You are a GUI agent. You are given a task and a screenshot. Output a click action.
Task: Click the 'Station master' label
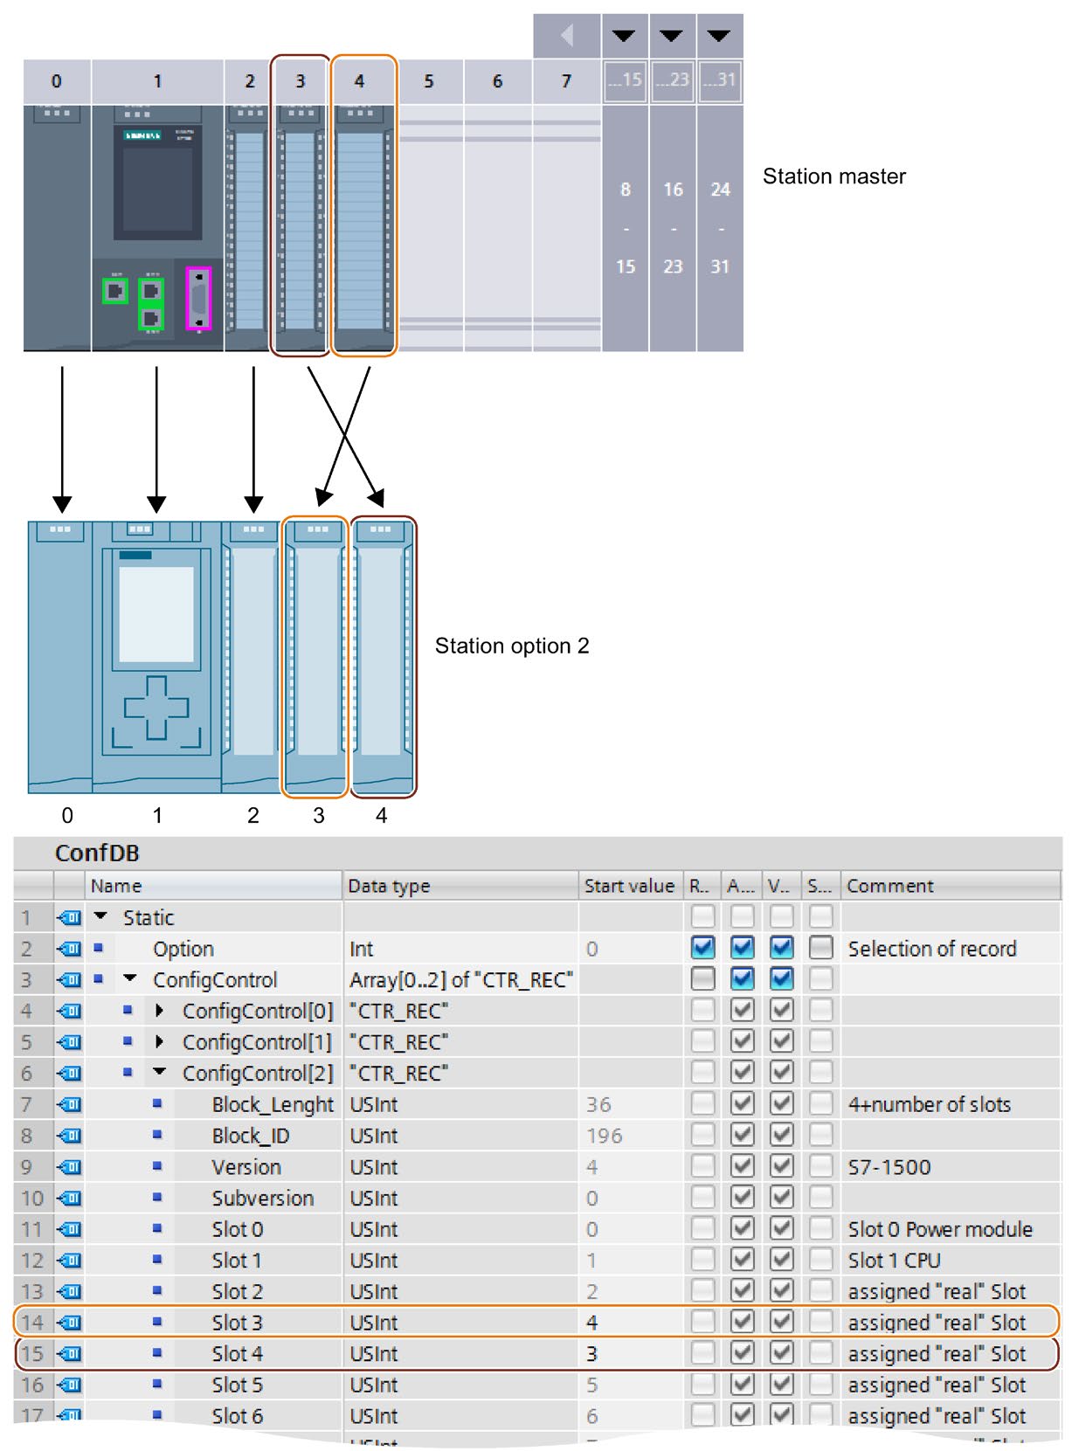point(833,176)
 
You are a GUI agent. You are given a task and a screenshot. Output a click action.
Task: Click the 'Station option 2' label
point(512,646)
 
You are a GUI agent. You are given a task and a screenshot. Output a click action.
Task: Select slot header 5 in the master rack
point(428,81)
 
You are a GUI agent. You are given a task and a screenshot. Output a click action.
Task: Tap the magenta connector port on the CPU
point(199,298)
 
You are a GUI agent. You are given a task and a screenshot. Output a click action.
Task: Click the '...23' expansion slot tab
point(672,80)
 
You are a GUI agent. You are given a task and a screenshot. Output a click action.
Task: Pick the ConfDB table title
point(97,853)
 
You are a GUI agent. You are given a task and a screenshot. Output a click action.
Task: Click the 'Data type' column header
point(389,886)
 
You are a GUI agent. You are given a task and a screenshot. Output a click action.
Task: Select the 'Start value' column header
point(628,886)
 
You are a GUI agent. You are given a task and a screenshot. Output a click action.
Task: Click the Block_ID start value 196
point(604,1136)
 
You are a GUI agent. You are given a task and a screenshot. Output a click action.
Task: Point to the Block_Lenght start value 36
point(598,1104)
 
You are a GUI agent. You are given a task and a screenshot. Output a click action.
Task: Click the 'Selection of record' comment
point(931,949)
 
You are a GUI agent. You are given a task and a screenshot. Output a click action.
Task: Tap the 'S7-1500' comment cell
point(889,1167)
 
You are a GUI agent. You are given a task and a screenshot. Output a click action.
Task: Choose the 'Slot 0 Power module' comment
point(939,1229)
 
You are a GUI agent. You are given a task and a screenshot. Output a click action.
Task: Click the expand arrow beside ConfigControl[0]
point(159,1011)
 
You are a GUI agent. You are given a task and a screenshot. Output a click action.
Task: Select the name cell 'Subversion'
point(262,1199)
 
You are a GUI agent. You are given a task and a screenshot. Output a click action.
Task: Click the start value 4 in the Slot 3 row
point(591,1323)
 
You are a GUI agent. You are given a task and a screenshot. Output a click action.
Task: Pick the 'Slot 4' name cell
point(237,1354)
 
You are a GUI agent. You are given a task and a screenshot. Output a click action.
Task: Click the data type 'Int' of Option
point(361,949)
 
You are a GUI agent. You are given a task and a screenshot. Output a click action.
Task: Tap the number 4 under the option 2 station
point(381,815)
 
